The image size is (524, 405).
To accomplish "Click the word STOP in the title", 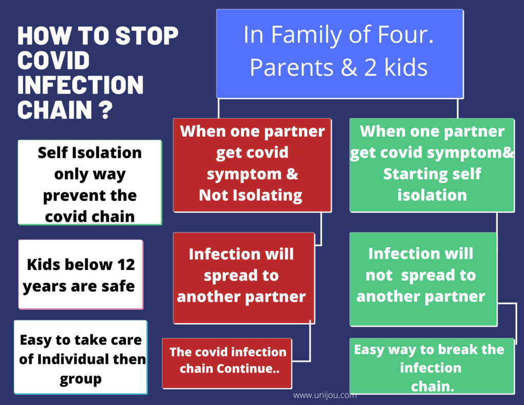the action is (x=147, y=36).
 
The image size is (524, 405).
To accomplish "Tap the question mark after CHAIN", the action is (x=106, y=110).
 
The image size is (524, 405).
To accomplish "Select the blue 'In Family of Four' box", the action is (x=340, y=54).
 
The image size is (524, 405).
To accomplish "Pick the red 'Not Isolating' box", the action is (x=252, y=165).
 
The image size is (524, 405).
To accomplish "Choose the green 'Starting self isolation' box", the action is (x=432, y=165).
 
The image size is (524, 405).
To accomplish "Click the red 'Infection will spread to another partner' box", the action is (x=244, y=278).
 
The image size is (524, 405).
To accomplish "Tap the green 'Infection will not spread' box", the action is (x=423, y=279).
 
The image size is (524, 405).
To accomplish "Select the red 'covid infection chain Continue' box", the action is (x=227, y=363).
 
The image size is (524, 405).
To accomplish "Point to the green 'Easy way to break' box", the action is (x=432, y=366).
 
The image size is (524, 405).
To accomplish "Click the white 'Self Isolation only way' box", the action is (x=90, y=182).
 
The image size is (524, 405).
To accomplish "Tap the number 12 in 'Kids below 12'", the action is (x=126, y=265).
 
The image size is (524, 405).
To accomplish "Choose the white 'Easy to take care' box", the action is (x=80, y=357).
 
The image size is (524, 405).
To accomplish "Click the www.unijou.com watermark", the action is (x=325, y=395).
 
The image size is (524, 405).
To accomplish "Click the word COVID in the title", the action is (x=53, y=60).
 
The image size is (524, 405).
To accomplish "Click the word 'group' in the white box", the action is (x=80, y=379).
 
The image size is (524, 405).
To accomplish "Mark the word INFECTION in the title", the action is (x=80, y=85).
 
